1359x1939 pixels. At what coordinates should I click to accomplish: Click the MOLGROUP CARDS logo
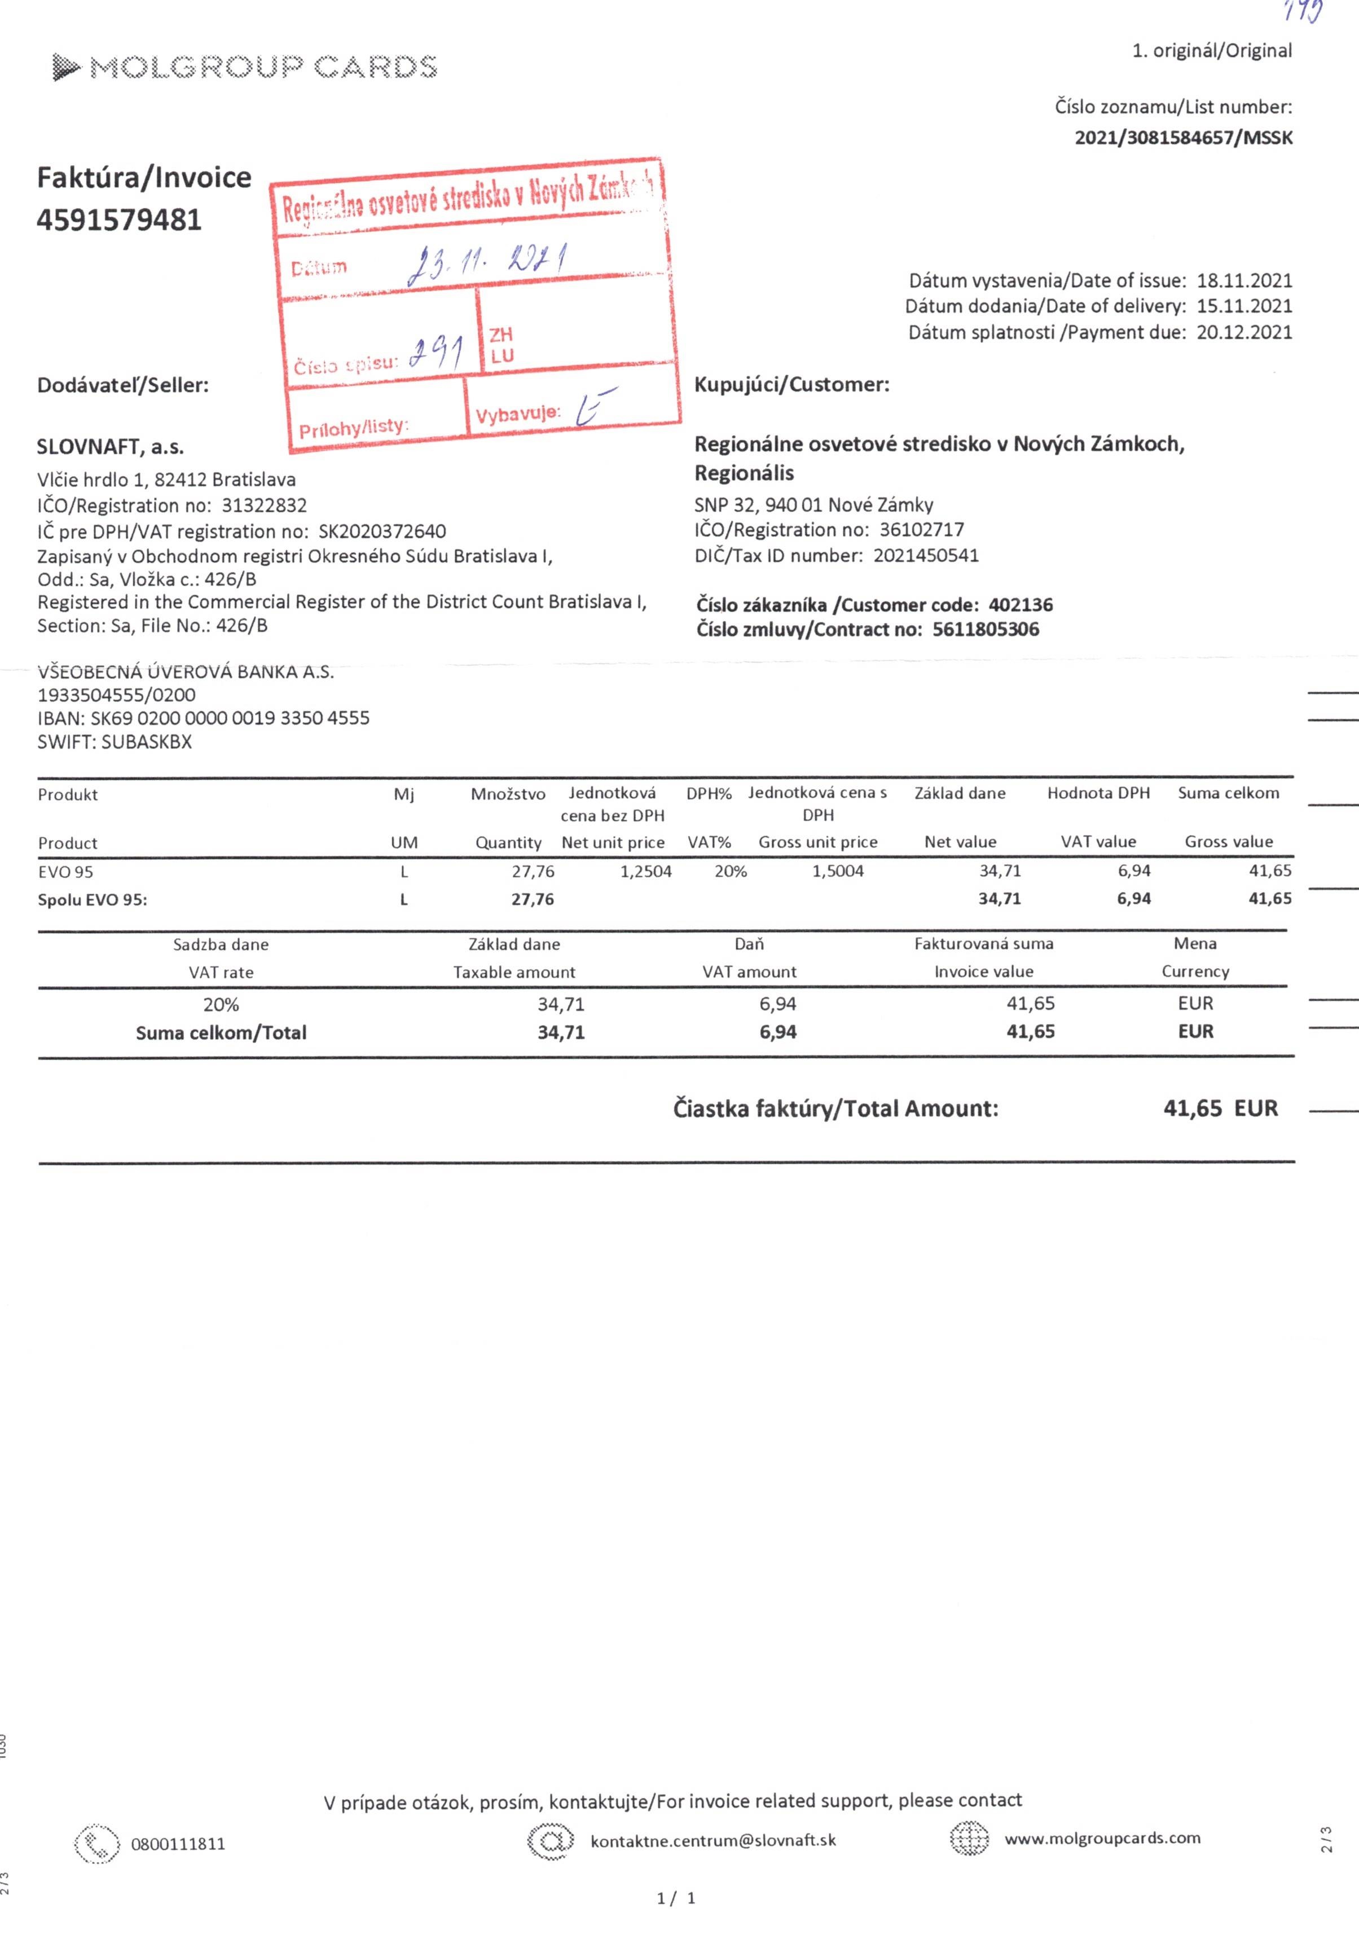click(245, 67)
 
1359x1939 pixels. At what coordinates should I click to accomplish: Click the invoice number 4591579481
click(119, 221)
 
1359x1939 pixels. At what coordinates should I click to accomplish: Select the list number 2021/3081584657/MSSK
click(1182, 138)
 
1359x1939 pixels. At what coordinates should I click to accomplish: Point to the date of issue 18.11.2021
click(1244, 280)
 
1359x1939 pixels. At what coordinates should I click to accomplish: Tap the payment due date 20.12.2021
click(1244, 332)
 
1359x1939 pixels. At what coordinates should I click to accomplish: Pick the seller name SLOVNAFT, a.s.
click(111, 447)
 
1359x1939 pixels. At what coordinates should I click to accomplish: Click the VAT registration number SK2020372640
click(382, 531)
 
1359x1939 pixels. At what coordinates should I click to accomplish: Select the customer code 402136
click(1021, 605)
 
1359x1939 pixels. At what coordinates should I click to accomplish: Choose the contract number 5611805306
click(986, 629)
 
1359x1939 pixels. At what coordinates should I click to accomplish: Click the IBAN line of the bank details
click(204, 718)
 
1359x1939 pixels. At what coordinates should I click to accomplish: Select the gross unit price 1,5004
click(838, 870)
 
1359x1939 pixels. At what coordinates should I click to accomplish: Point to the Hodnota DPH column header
click(1098, 793)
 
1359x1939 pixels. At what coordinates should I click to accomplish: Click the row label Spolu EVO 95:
click(92, 899)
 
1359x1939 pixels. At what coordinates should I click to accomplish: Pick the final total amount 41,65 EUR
click(1220, 1108)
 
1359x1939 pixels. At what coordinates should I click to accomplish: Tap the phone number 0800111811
click(178, 1844)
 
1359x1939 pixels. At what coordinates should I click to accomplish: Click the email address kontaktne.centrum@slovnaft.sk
click(713, 1840)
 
